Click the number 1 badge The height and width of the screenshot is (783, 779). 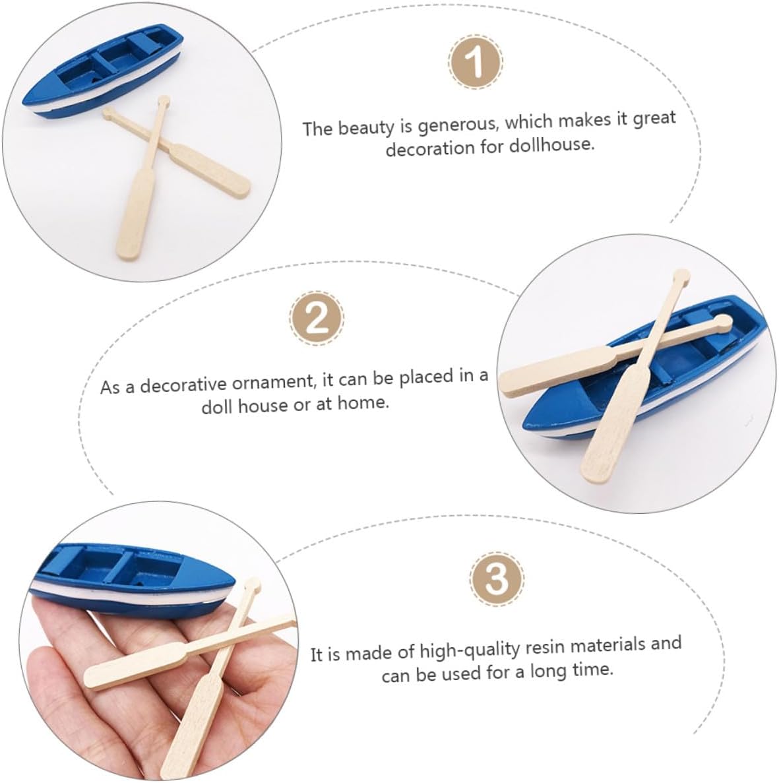tap(475, 61)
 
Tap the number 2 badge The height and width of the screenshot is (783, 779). tap(317, 318)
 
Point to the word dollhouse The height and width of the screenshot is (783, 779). tap(552, 145)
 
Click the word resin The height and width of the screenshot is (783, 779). tap(545, 648)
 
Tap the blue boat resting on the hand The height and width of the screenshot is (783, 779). tap(133, 579)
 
